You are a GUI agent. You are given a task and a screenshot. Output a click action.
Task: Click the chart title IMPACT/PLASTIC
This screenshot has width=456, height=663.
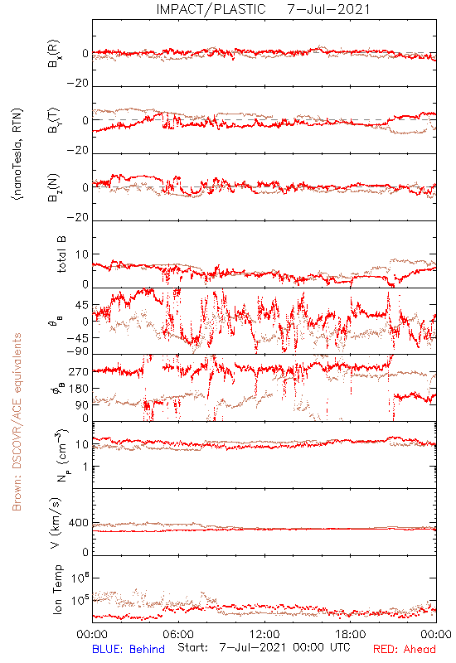[x=211, y=9]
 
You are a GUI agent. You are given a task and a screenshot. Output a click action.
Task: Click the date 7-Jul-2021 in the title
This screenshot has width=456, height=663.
[x=328, y=9]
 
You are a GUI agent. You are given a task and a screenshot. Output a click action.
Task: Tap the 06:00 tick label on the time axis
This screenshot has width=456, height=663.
[x=178, y=634]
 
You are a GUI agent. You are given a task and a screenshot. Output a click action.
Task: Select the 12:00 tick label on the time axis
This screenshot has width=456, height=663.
[x=264, y=634]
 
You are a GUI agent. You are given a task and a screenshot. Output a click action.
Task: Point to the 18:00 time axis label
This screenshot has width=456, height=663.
[x=351, y=634]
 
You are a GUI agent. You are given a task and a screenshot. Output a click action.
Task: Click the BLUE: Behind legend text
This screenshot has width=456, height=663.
[x=129, y=649]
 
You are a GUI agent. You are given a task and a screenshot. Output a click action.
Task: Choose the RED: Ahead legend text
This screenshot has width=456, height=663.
[x=404, y=649]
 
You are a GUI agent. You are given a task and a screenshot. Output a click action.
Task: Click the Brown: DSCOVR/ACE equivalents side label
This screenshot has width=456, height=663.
[x=17, y=422]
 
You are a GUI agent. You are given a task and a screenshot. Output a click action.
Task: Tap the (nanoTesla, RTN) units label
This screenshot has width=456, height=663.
[x=17, y=154]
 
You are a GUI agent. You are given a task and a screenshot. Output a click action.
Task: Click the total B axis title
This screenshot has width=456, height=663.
[x=61, y=254]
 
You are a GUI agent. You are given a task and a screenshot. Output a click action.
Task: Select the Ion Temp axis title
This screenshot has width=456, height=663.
[x=57, y=589]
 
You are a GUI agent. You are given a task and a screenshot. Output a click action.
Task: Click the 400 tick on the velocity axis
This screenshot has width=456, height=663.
[x=79, y=523]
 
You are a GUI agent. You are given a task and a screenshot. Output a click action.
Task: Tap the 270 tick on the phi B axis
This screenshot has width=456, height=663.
[x=79, y=371]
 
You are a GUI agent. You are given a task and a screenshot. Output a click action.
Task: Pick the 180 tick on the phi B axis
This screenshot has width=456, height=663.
[x=79, y=388]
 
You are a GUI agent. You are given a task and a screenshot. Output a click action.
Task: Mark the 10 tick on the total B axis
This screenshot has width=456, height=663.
[x=82, y=254]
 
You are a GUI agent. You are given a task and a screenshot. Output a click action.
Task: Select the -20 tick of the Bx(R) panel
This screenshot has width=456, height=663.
[x=78, y=84]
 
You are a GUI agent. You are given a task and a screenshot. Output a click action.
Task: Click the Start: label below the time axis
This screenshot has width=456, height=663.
[x=193, y=647]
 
